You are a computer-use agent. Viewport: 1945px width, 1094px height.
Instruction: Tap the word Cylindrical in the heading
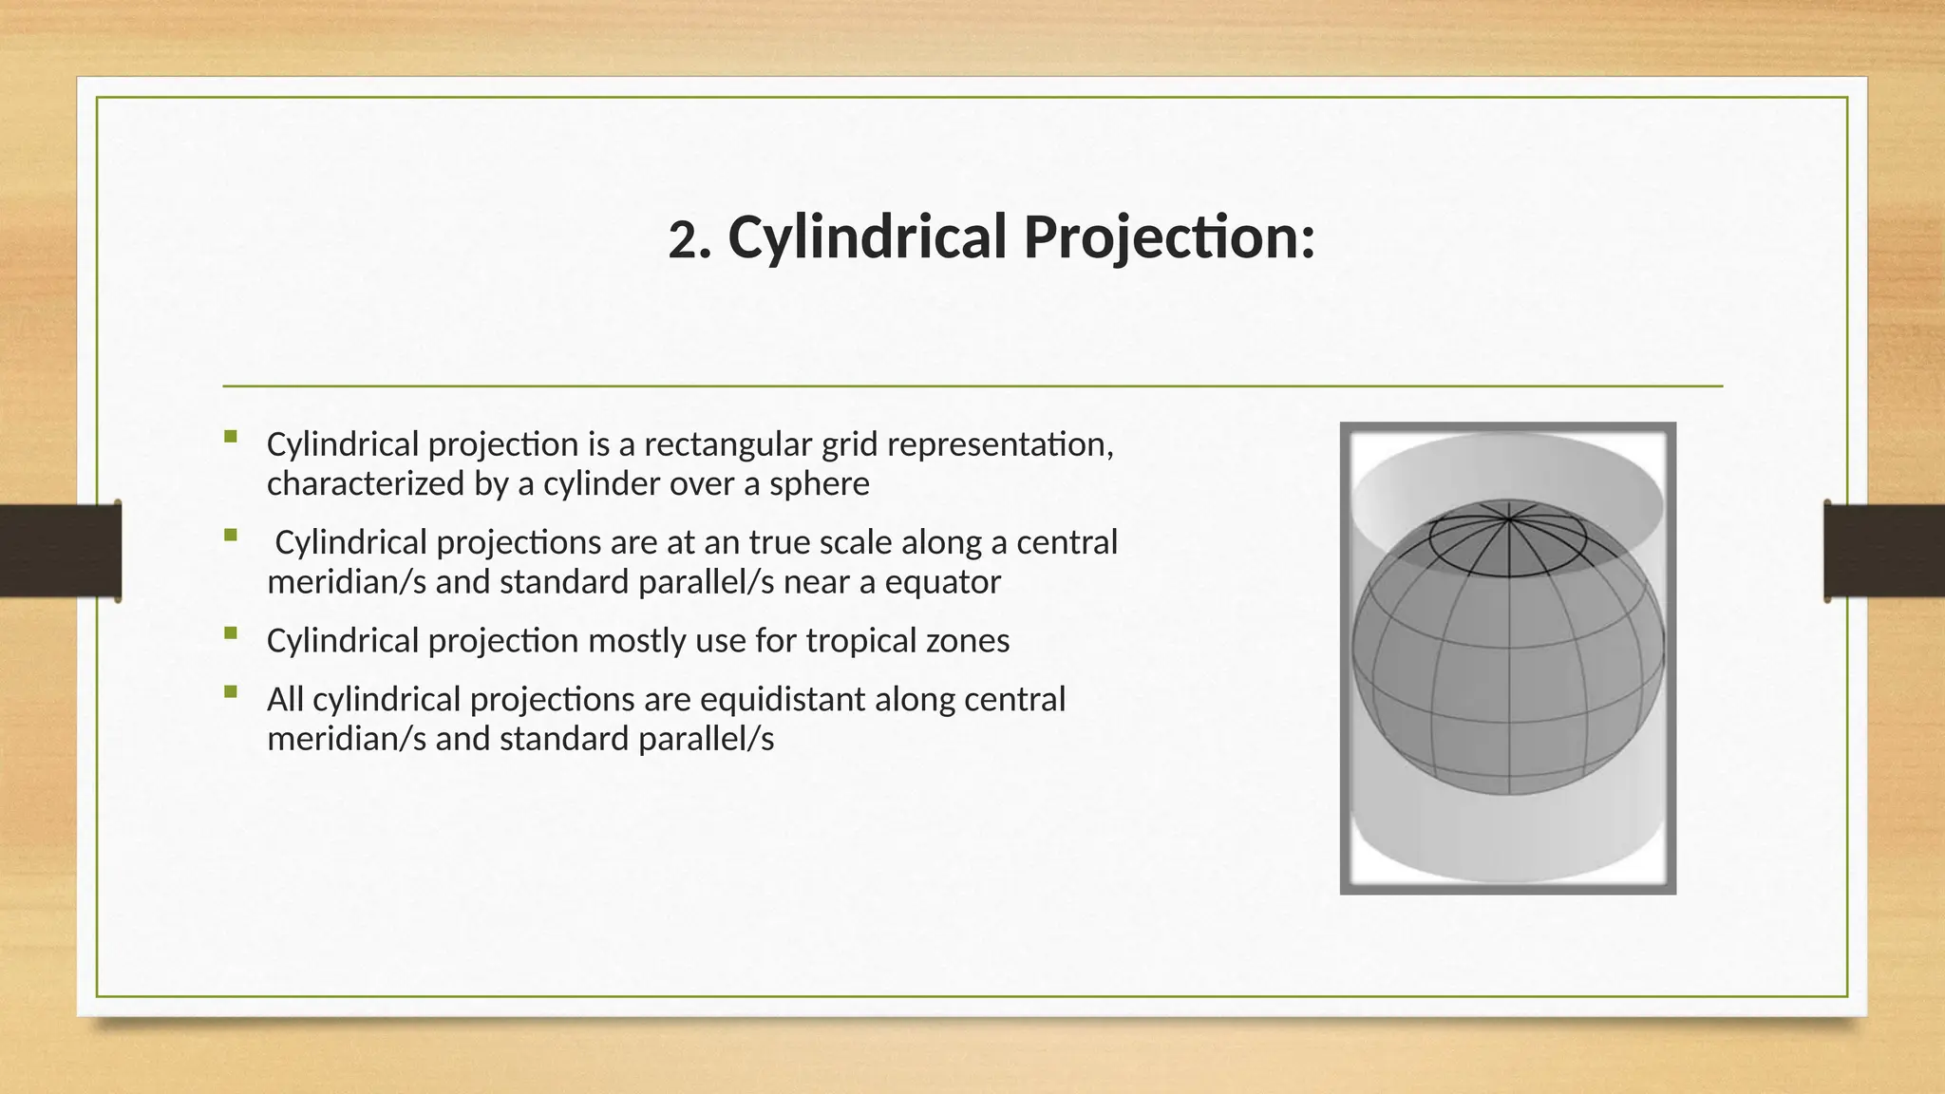[866, 237]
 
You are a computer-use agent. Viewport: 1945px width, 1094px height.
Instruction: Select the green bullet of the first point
[231, 437]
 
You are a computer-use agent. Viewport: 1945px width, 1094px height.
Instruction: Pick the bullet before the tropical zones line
[231, 633]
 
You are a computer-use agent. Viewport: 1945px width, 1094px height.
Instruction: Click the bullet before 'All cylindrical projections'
[231, 692]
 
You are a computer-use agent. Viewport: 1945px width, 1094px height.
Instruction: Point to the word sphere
[820, 484]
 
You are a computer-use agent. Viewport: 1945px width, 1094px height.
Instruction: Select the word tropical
[861, 641]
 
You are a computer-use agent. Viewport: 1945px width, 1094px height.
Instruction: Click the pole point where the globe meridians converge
[1508, 519]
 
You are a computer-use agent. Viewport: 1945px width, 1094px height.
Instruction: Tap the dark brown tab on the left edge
[60, 551]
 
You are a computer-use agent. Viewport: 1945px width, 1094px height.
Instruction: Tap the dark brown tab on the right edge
[1884, 551]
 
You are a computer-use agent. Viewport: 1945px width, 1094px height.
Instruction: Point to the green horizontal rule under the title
[972, 387]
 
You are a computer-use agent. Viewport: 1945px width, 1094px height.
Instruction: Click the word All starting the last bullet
[285, 700]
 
